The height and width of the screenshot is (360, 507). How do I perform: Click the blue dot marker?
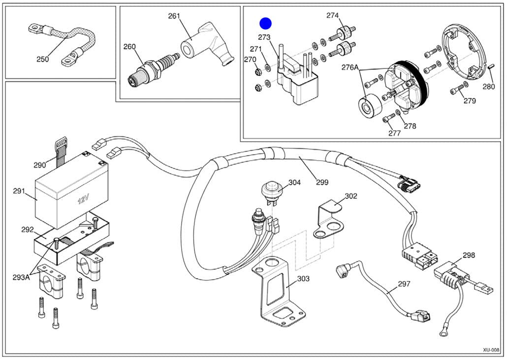click(x=265, y=23)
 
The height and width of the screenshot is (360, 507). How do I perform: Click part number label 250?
click(x=43, y=59)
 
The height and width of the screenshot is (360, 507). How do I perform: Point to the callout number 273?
click(x=264, y=37)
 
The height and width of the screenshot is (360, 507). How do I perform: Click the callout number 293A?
click(x=21, y=277)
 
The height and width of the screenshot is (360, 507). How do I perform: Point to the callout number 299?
click(x=322, y=182)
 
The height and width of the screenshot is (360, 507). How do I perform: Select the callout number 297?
click(x=404, y=284)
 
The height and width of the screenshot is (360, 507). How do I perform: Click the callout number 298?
click(x=469, y=255)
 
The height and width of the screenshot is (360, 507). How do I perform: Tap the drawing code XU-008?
click(x=491, y=350)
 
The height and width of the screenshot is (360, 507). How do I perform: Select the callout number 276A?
click(x=350, y=67)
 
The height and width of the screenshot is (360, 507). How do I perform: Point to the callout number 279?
click(x=470, y=100)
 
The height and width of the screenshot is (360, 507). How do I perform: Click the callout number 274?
click(x=332, y=15)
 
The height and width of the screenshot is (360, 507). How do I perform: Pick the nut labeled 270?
click(x=258, y=71)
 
